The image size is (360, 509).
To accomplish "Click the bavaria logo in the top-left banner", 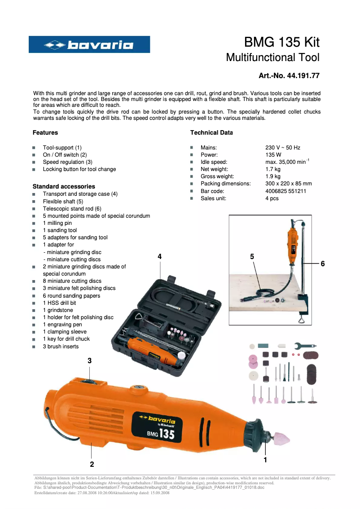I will point(89,44).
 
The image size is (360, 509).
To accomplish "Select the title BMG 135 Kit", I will point(281,43).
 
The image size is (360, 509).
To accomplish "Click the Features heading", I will point(45,132).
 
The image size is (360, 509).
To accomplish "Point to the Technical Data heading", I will point(211,132).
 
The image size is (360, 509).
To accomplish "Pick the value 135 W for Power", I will point(273,154).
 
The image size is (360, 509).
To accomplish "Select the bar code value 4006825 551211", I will point(286,191).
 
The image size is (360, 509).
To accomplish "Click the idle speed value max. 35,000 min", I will point(287,162).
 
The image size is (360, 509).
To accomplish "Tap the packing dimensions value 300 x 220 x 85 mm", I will point(288,184).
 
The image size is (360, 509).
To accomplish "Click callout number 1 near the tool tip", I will point(265,460).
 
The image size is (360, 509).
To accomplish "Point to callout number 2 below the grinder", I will point(92,464).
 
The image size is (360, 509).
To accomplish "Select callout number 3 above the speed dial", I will point(90,360).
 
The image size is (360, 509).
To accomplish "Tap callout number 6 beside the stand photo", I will point(322,264).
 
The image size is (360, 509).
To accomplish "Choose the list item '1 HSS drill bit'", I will point(59,303).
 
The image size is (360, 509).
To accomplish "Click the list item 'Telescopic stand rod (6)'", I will point(72,209).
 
